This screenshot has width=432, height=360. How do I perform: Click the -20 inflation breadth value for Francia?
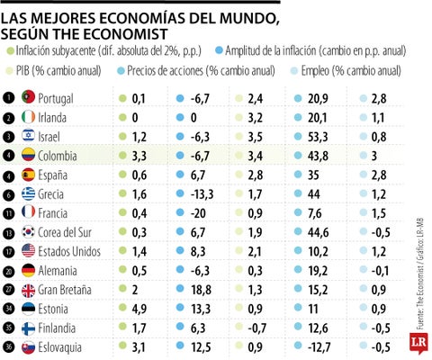[x=194, y=212]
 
